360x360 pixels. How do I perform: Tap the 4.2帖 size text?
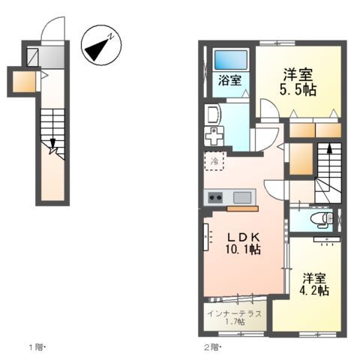coord(314,290)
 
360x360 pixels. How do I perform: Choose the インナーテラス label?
coord(234,313)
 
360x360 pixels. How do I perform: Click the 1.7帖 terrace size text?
coord(234,323)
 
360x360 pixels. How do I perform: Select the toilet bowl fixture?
coord(321,220)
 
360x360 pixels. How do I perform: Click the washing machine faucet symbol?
coord(216,137)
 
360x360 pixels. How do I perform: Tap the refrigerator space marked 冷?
coord(214,160)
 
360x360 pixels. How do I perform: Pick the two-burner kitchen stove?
coord(214,198)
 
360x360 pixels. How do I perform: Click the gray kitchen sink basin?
coord(242,197)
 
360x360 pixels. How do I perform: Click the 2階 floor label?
coord(212,347)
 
